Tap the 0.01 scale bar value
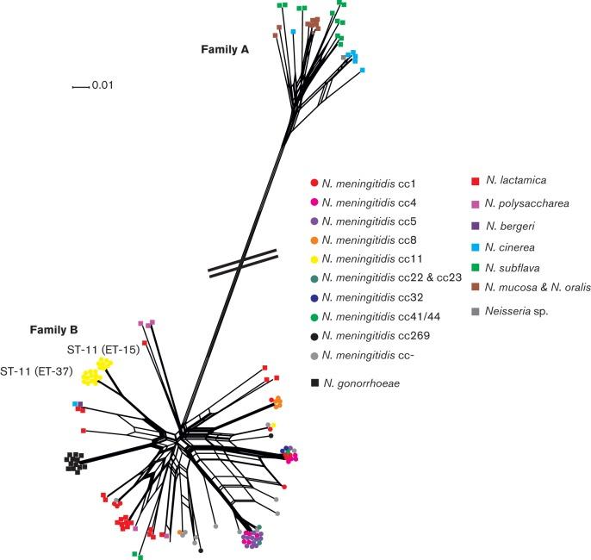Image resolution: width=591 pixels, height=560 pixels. tap(103, 85)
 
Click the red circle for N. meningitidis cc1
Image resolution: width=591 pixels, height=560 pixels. tap(314, 184)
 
